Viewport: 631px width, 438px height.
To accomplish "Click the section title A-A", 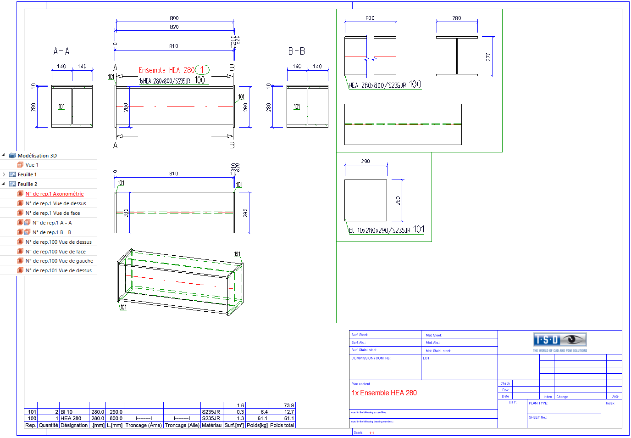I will [x=61, y=51].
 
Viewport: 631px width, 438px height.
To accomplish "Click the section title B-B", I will [x=297, y=51].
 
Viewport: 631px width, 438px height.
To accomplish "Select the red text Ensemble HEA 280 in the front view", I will [x=166, y=70].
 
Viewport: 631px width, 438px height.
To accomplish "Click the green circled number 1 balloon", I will [x=202, y=70].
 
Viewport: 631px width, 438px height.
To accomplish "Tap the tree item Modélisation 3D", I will [x=37, y=156].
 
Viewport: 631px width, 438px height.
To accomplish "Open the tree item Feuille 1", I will [x=27, y=174].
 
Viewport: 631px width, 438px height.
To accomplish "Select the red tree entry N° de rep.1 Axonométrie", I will [x=55, y=194].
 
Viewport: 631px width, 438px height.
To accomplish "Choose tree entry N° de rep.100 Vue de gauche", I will [x=59, y=261].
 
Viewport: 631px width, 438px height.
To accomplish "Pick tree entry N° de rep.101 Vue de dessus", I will [x=59, y=270].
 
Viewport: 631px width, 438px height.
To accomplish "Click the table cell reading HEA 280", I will [x=71, y=418].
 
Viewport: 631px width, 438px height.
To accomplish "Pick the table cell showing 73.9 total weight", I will [x=289, y=405].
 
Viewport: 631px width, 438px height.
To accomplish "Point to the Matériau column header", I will [x=211, y=425].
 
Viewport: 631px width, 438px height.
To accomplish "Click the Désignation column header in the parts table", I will [x=74, y=425].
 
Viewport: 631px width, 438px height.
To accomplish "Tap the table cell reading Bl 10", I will [x=66, y=412].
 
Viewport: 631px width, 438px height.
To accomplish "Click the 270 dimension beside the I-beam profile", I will [x=488, y=57].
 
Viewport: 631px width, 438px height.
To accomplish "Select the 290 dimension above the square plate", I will [x=365, y=161].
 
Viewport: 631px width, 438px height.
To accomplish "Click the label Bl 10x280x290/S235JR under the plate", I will [x=379, y=230].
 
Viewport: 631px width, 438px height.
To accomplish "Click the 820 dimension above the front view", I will [x=174, y=27].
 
